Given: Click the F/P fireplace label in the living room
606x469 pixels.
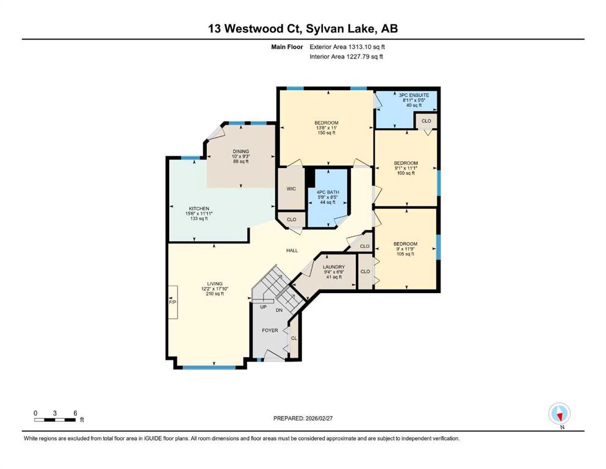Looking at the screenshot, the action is pos(172,302).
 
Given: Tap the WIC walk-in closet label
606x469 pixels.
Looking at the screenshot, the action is pos(291,189).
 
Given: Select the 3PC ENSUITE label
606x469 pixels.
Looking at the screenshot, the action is pos(414,95).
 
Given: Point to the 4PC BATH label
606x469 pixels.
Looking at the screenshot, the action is pos(328,192).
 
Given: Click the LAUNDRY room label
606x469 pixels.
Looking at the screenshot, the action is pos(334,267).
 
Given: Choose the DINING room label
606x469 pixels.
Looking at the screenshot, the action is pos(241,151).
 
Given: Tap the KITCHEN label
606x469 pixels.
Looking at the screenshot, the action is pos(199,209).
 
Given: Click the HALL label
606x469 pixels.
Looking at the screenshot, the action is pos(292,250).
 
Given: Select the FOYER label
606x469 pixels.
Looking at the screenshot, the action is pos(270,330).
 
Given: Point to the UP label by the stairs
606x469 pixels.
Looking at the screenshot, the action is pos(263,307).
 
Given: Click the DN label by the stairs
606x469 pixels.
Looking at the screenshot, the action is pos(279,310).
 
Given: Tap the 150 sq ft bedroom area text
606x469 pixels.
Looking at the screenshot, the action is pos(326,133).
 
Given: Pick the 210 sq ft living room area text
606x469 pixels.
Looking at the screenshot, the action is pos(215,294).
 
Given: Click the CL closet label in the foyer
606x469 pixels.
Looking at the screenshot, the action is pos(294,338).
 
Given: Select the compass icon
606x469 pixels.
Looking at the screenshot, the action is pos(560,413).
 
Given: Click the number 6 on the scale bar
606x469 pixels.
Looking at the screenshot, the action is pos(75,413).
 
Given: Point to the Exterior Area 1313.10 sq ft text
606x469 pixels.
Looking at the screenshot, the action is pos(347,47).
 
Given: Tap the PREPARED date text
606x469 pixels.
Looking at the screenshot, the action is pos(303,418).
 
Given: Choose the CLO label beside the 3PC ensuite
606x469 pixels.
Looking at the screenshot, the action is pos(427,121).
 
